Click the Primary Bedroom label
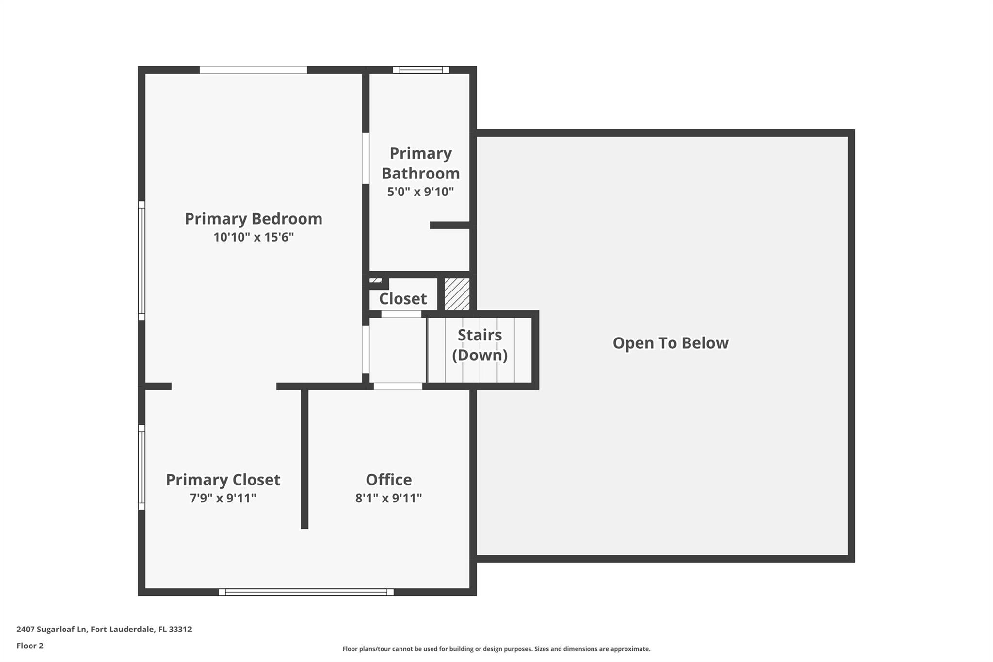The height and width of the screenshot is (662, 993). click(254, 219)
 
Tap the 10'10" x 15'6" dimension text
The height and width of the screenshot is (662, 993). click(254, 237)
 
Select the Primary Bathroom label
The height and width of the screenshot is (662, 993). click(420, 163)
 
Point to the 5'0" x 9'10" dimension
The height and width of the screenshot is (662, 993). click(420, 192)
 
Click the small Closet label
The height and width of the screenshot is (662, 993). click(403, 299)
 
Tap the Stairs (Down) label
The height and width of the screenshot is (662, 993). click(480, 345)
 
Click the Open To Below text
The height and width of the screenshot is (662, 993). click(671, 343)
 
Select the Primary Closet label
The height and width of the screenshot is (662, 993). click(223, 480)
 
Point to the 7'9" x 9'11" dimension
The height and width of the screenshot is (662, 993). click(223, 498)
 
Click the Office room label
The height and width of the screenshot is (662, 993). click(389, 480)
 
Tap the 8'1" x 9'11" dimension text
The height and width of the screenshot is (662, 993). click(389, 498)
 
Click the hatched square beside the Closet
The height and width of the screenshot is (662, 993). click(457, 294)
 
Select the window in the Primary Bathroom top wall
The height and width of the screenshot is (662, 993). click(421, 70)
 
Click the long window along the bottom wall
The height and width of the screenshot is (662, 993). click(306, 592)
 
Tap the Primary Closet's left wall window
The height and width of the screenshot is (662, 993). click(142, 468)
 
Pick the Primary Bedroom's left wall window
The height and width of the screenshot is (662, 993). click(142, 261)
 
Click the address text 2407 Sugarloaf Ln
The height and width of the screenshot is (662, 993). click(52, 630)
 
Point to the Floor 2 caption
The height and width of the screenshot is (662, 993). click(30, 646)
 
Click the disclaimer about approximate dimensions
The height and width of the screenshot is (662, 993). click(496, 649)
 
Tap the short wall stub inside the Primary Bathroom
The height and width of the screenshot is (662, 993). click(450, 225)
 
